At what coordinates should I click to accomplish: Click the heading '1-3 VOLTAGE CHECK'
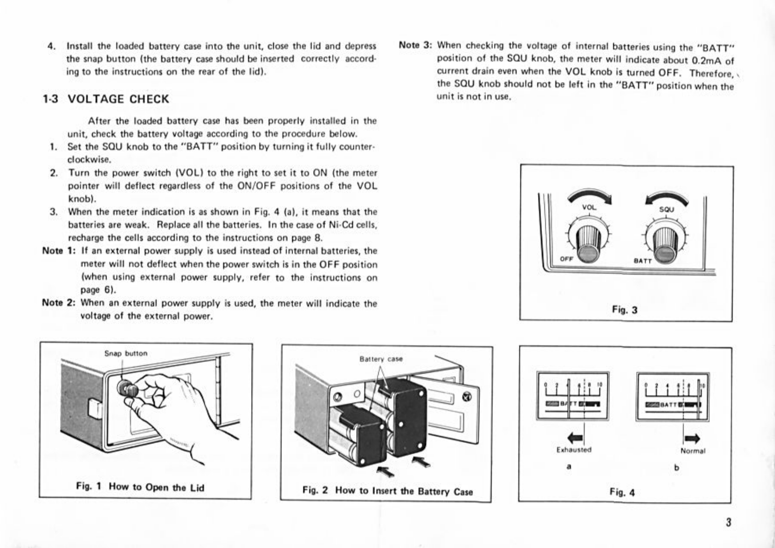click(x=106, y=99)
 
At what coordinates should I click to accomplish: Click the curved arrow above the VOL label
click(x=590, y=195)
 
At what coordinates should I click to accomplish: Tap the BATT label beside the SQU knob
click(x=643, y=261)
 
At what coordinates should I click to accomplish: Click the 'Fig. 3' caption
click(x=624, y=309)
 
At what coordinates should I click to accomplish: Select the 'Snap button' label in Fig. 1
click(x=126, y=353)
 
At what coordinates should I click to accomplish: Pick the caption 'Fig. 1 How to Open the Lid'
click(x=140, y=487)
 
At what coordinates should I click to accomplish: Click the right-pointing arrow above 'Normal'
click(x=692, y=438)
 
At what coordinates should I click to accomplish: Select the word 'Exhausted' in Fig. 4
click(x=574, y=449)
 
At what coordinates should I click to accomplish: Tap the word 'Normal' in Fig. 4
click(x=692, y=451)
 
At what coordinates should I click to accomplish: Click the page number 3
click(x=728, y=522)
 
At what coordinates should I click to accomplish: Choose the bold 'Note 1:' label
click(x=59, y=251)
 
